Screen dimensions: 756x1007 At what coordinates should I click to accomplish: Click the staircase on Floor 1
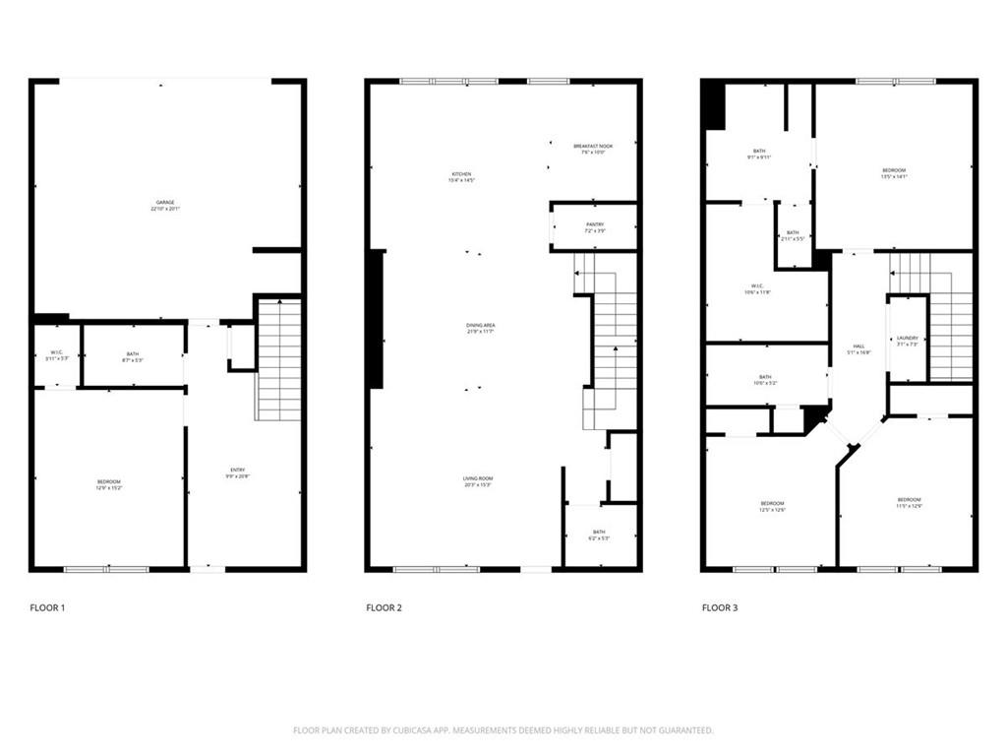278,359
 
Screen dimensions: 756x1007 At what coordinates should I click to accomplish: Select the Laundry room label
907,340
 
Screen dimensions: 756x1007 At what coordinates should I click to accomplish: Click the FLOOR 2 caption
384,608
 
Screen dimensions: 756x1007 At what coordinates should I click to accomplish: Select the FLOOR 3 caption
720,608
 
